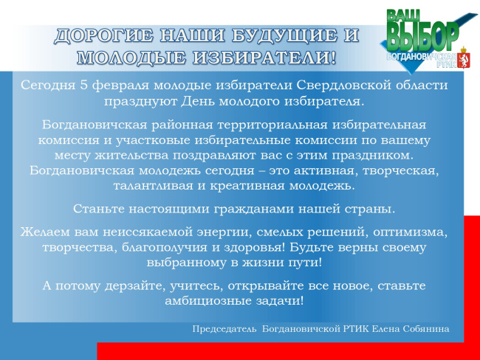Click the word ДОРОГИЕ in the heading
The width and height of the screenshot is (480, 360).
pos(103,35)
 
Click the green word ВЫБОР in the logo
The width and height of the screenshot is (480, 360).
pos(423,36)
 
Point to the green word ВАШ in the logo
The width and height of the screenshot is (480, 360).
pos(403,15)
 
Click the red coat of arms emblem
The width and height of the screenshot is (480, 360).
pos(464,58)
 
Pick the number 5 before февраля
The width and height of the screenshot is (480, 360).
pos(84,85)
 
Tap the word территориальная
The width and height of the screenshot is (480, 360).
pos(272,125)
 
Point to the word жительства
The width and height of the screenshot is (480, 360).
pos(131,156)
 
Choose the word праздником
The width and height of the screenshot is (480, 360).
pos(373,156)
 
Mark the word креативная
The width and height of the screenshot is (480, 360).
pos(247,186)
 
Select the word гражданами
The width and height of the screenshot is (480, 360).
pos(253,210)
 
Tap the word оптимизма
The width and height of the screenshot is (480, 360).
pos(410,232)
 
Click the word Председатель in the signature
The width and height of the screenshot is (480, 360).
pos(224,329)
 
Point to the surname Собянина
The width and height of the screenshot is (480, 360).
pos(426,329)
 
